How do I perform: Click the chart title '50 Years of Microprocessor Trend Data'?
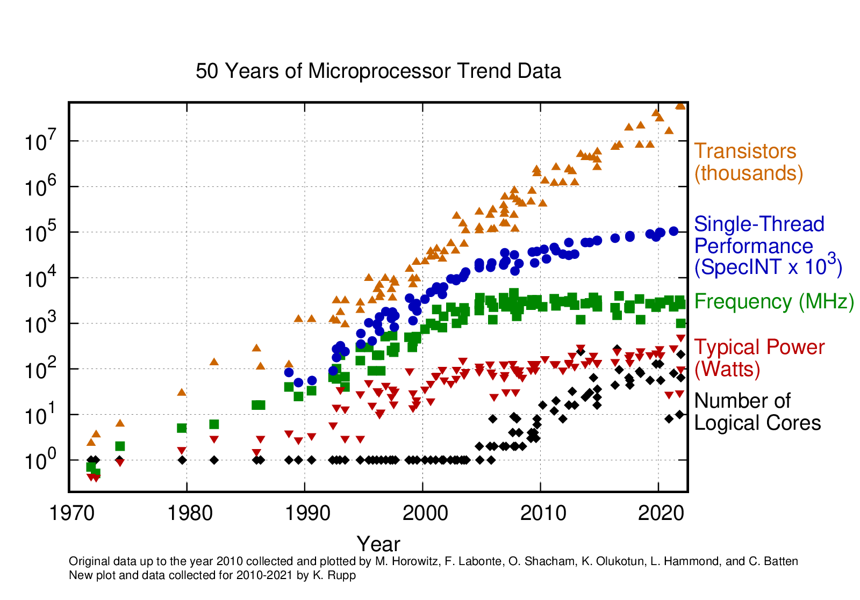click(378, 71)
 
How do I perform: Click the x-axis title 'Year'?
click(378, 544)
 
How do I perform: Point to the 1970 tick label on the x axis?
click(69, 513)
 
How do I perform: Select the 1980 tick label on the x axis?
click(187, 513)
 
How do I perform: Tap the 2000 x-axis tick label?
click(422, 513)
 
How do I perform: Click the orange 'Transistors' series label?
click(745, 151)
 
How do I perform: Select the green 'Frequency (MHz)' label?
click(774, 301)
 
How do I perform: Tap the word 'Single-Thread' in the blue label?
click(759, 224)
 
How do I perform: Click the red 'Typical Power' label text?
click(759, 347)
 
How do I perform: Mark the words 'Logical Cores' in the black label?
click(757, 423)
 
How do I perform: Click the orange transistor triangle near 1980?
click(182, 392)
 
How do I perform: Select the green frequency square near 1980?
click(182, 428)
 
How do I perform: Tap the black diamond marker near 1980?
click(182, 460)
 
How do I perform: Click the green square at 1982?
click(214, 424)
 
